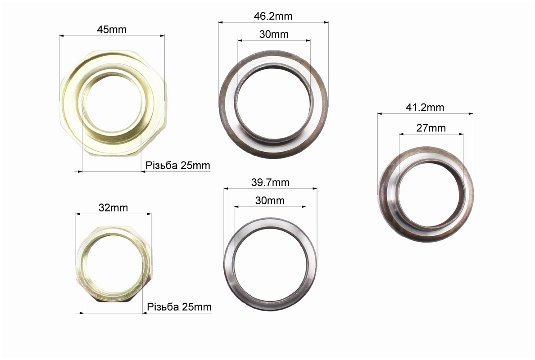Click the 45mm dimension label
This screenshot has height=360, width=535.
[112, 30]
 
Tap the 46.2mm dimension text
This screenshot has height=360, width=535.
[273, 16]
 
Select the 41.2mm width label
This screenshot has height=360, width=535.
[425, 108]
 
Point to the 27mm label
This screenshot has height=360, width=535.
[431, 128]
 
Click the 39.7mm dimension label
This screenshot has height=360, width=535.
[270, 182]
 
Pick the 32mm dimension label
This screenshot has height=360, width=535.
[113, 207]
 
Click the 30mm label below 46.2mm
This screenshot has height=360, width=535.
[274, 35]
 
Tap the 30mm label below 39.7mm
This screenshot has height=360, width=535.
[270, 200]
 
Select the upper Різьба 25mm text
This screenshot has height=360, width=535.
[178, 165]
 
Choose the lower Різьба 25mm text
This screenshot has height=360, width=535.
[179, 307]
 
